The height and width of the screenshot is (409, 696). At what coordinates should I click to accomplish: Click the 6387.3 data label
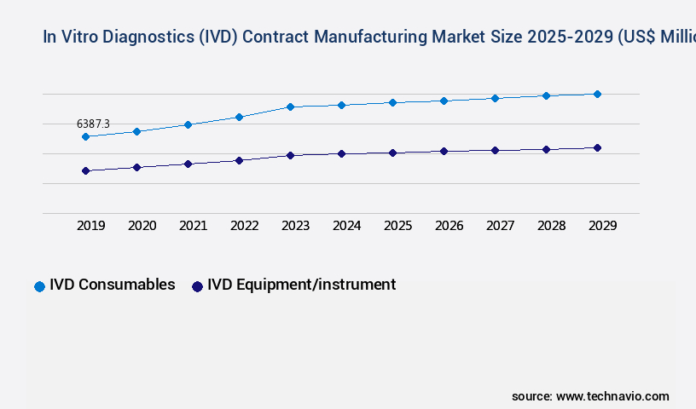(93, 124)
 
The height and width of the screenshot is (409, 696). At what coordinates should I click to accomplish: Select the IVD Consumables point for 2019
(85, 136)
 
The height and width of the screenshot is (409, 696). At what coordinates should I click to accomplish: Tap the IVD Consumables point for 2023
(290, 107)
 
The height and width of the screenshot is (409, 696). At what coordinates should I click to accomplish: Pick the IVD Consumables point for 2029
(597, 94)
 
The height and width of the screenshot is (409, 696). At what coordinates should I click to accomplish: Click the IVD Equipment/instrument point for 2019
(85, 170)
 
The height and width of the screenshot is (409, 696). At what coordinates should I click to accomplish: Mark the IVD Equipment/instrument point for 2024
(341, 153)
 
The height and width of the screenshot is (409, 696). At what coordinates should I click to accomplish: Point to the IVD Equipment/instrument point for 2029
(597, 147)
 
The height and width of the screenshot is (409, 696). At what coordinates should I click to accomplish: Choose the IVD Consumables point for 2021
(188, 124)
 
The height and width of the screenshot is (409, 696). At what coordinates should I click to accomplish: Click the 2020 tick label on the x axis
(142, 226)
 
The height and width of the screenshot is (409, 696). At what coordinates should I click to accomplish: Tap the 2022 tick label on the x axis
(244, 226)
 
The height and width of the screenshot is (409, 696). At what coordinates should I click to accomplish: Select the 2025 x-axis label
(397, 226)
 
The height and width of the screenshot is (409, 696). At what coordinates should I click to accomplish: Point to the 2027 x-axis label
(500, 226)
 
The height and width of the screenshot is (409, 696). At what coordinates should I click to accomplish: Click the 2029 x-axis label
(602, 226)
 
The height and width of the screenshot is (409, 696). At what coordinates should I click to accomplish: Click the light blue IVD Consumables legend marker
(39, 286)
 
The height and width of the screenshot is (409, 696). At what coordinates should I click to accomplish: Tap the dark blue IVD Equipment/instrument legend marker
(197, 286)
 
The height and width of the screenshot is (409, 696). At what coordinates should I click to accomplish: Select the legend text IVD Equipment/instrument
(301, 285)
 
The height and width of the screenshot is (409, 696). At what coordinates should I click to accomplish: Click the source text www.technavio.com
(612, 396)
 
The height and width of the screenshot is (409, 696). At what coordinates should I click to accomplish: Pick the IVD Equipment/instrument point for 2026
(444, 151)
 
